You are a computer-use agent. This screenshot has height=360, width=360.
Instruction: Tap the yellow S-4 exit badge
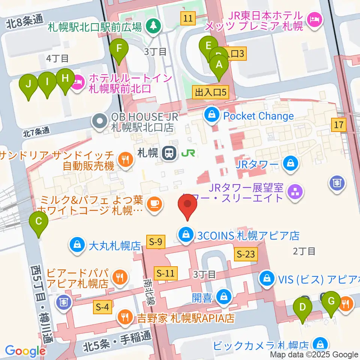(102, 308)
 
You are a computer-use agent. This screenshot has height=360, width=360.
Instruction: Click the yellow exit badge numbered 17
(339, 125)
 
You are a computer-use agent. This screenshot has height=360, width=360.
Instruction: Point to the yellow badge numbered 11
(188, 17)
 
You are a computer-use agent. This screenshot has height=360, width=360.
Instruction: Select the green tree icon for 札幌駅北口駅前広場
(153, 26)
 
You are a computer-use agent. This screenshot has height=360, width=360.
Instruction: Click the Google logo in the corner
(25, 351)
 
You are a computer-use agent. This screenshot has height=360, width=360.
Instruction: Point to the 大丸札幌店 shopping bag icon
(77, 246)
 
